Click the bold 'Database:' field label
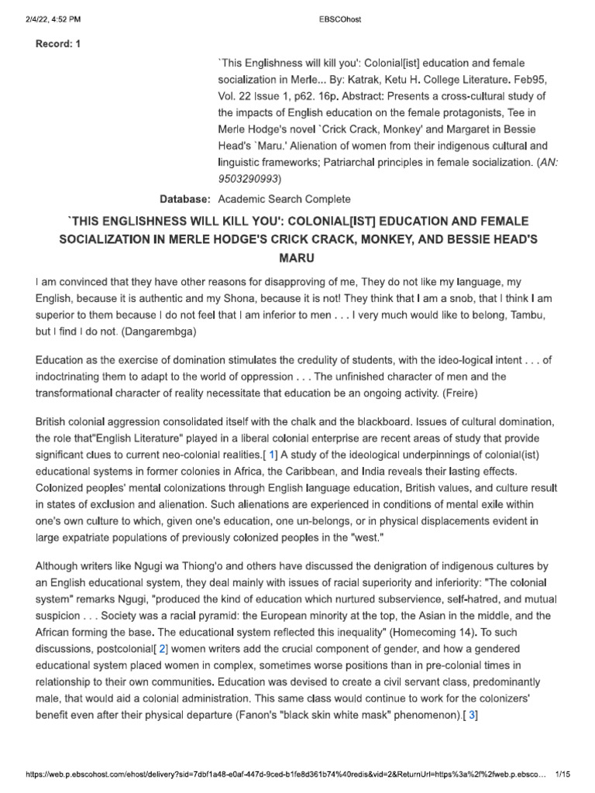[185, 199]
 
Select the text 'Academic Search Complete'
[285, 199]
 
